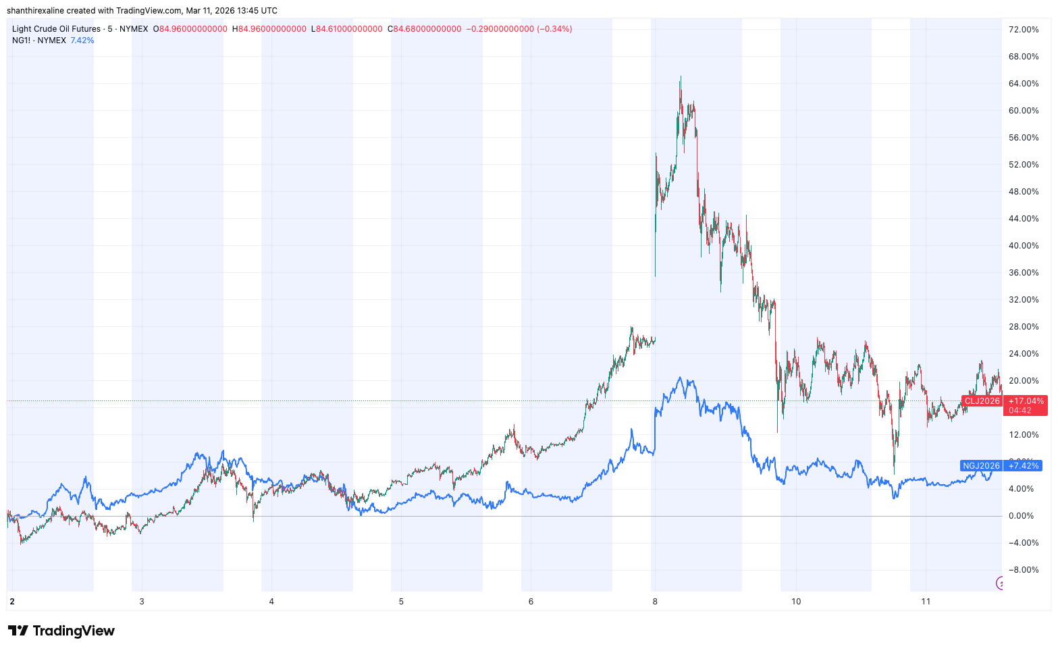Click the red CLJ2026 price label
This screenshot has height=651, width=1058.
pos(982,401)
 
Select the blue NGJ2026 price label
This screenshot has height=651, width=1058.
pos(981,466)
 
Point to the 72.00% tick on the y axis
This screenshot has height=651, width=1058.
pos(1024,30)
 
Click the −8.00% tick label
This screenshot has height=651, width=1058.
pos(1024,570)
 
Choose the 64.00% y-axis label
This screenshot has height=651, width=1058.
pos(1024,84)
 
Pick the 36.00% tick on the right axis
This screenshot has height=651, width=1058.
pos(1024,273)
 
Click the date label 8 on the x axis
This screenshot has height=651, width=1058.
pos(654,602)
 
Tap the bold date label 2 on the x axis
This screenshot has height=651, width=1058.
pos(12,602)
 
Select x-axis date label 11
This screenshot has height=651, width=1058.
pos(926,602)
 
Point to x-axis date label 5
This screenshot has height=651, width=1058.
pos(401,602)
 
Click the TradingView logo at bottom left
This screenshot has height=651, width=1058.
pos(61,631)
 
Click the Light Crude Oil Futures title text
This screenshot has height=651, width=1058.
pos(55,29)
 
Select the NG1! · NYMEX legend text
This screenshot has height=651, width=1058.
pos(39,41)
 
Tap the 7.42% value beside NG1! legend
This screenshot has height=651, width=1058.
pos(82,41)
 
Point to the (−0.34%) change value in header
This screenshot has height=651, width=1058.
pos(554,29)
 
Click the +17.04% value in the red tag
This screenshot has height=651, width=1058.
pos(1026,401)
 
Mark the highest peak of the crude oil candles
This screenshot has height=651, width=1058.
pos(681,77)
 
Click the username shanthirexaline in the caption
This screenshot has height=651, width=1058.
pos(35,11)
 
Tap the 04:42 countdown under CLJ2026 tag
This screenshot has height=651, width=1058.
pos(1020,411)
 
